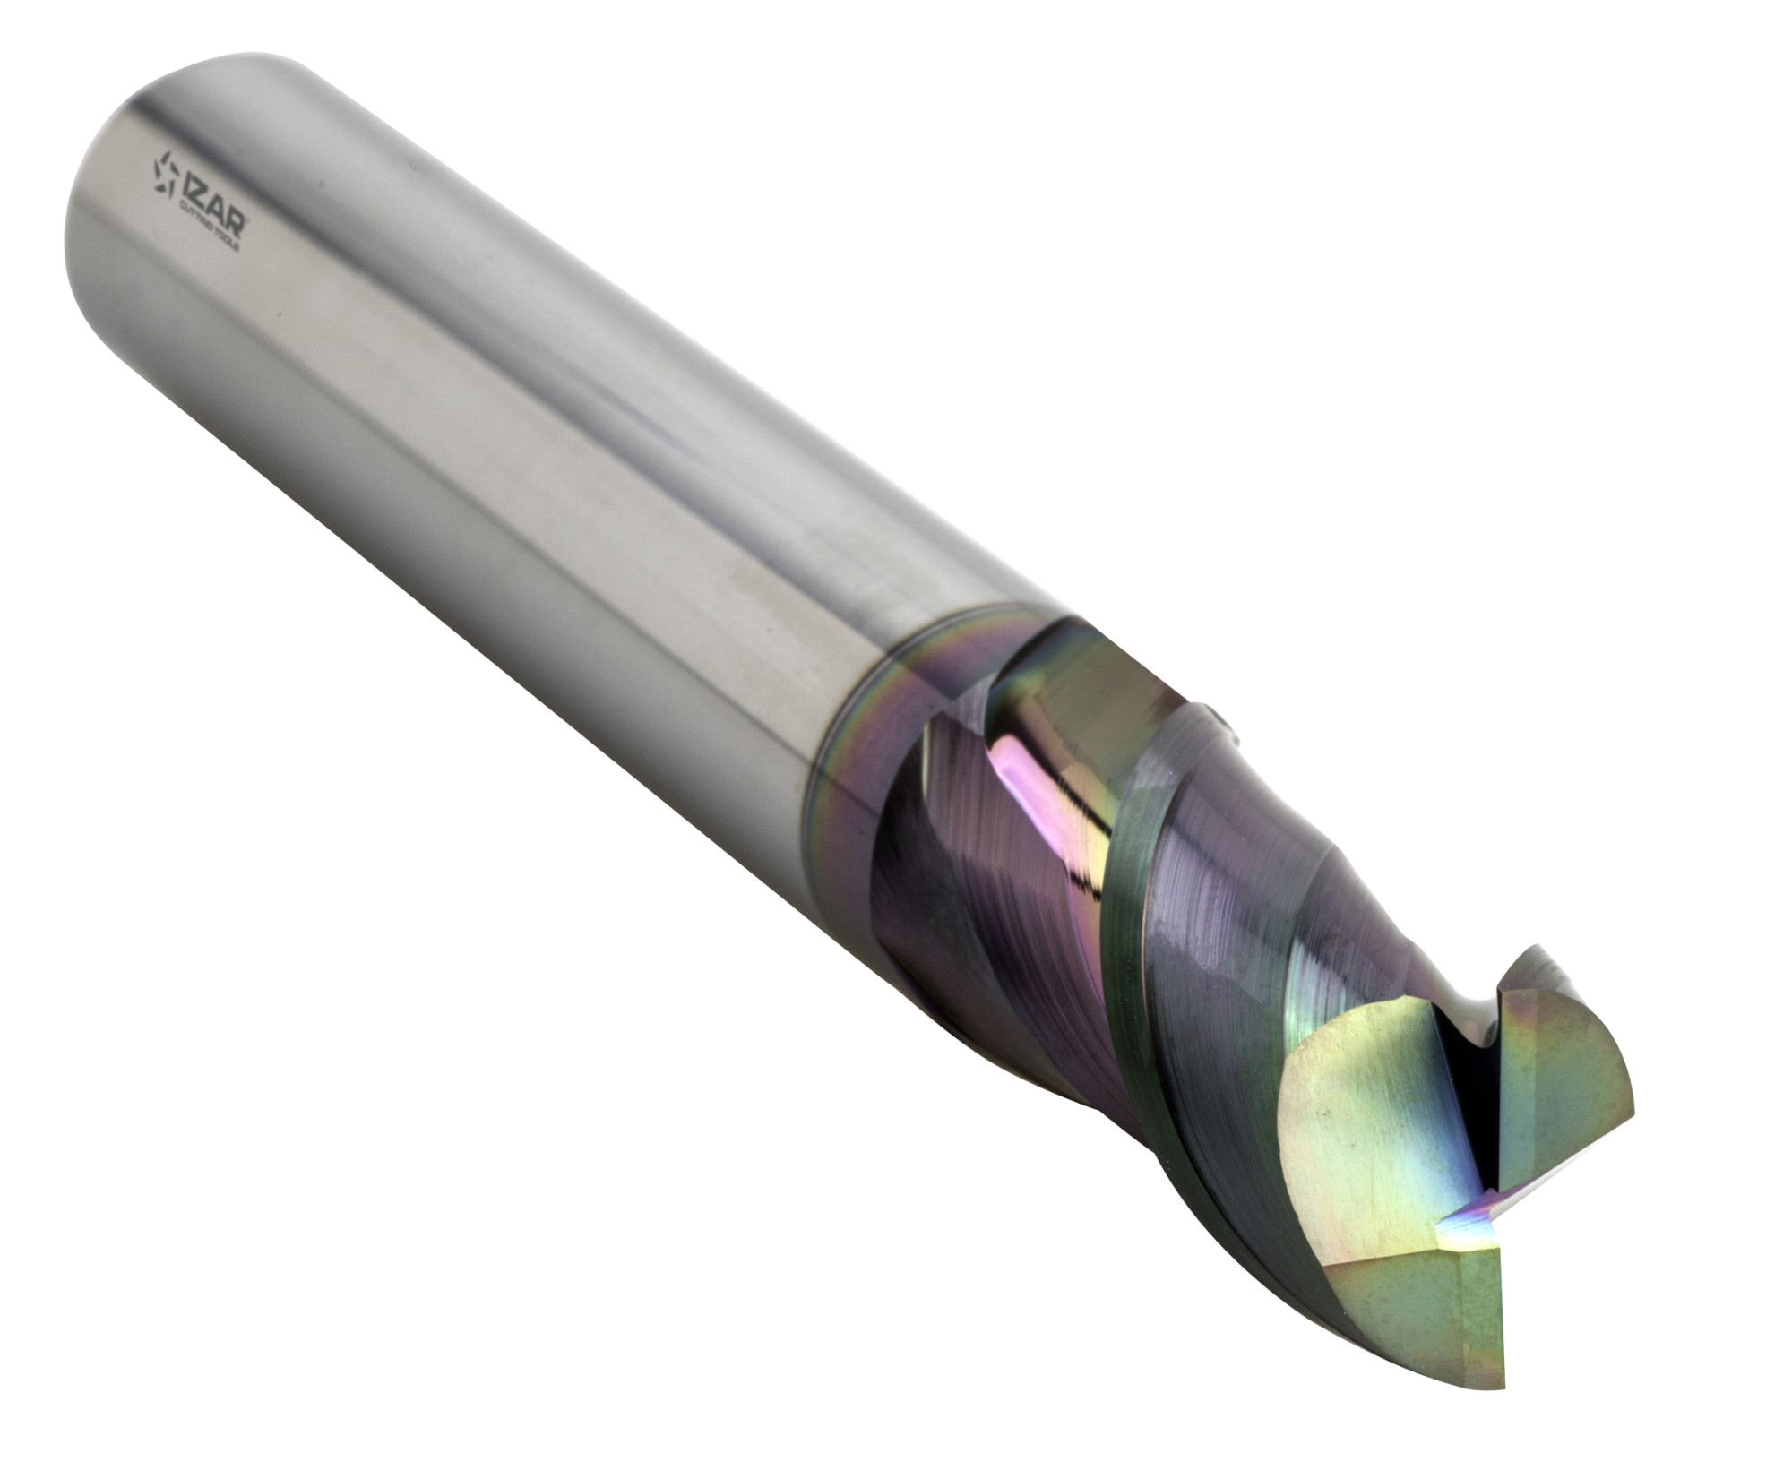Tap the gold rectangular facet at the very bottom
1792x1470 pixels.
(x=1452, y=1299)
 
